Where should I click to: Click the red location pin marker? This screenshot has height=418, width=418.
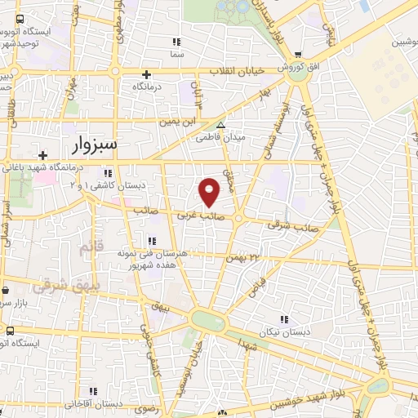(x=211, y=192)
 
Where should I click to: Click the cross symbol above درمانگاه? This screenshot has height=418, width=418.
(x=147, y=74)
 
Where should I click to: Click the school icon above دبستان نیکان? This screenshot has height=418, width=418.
(x=284, y=319)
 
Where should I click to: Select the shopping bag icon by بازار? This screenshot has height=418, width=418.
(x=7, y=289)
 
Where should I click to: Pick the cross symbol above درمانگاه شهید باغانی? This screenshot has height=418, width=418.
(x=42, y=154)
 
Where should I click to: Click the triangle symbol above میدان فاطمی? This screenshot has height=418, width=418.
(x=220, y=125)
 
